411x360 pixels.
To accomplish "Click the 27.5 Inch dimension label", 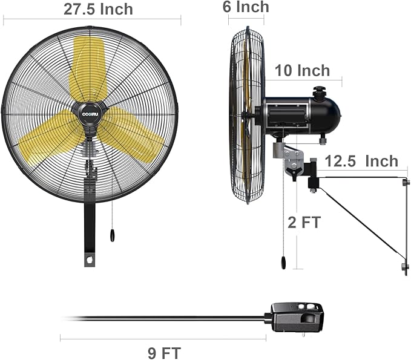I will [98, 9].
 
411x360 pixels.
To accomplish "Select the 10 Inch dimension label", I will [302, 70].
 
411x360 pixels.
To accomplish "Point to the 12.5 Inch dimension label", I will [361, 161].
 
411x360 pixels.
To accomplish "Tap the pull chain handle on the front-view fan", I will [113, 235].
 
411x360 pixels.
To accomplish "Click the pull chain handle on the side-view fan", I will [281, 261].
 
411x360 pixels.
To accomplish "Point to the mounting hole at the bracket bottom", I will [90, 261].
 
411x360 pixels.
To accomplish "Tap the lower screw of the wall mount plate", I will [405, 266].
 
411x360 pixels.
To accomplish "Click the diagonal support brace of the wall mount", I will [360, 221].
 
